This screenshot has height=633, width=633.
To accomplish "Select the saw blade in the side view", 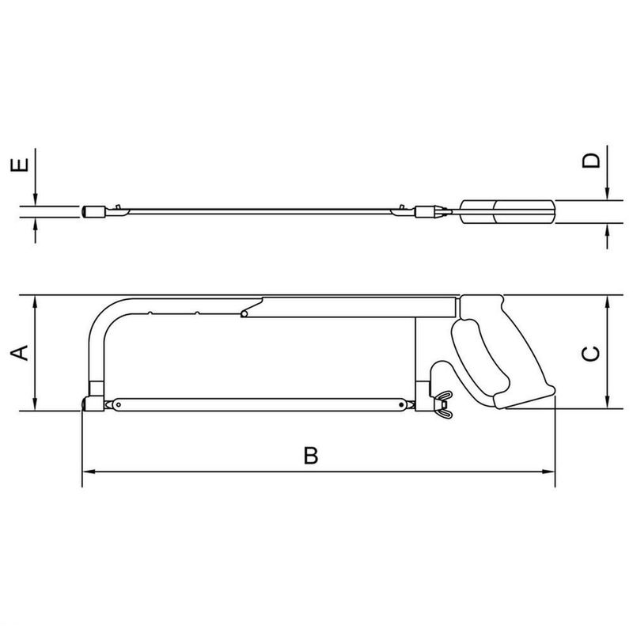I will [x=261, y=404].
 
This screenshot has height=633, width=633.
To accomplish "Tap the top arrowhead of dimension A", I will [x=36, y=301].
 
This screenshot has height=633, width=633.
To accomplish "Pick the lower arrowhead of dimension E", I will [x=36, y=225].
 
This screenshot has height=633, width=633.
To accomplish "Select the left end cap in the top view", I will [x=92, y=212].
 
